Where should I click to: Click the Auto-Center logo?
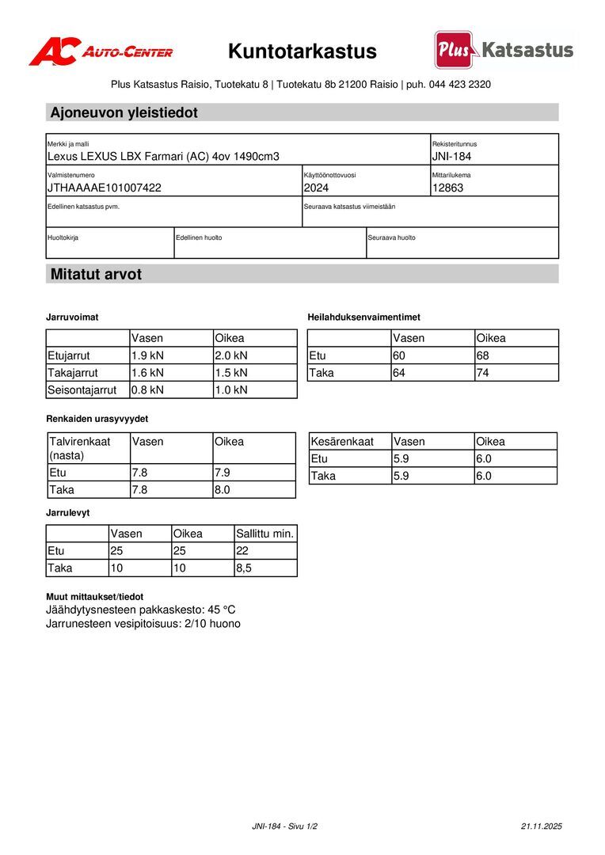(101, 51)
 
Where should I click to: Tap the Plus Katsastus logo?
(504, 51)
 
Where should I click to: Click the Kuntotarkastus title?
(302, 51)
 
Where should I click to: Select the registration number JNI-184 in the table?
(451, 156)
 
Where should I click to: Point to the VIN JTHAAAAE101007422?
(105, 188)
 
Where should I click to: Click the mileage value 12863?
(447, 188)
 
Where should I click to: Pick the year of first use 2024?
(316, 188)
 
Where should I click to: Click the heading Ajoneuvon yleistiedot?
(124, 112)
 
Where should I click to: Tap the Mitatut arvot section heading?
(96, 274)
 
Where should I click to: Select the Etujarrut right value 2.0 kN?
(231, 355)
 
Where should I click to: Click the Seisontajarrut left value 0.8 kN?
(147, 389)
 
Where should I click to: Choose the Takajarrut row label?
(72, 372)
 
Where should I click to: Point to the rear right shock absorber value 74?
(484, 372)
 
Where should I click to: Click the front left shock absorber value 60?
(399, 355)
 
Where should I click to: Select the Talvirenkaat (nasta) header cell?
(79, 448)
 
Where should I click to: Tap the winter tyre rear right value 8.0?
(223, 490)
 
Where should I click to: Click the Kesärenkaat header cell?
(342, 441)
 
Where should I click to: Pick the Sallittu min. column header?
(264, 534)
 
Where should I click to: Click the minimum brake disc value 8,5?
(245, 568)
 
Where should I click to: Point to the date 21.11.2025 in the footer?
(541, 826)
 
